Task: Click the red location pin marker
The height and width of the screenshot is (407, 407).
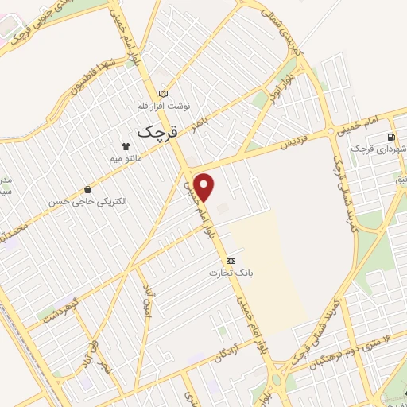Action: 205,187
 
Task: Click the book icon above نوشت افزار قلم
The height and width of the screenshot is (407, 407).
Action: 164,92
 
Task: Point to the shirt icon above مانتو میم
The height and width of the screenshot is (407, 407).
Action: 125,145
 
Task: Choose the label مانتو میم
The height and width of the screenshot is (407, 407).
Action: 125,157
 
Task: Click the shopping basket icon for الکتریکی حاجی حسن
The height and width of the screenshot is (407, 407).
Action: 87,189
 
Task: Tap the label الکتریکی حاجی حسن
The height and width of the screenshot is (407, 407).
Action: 87,201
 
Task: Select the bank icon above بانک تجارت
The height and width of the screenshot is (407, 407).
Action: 231,260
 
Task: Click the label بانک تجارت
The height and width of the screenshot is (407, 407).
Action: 225,273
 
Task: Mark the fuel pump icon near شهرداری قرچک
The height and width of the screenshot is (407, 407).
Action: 395,136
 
